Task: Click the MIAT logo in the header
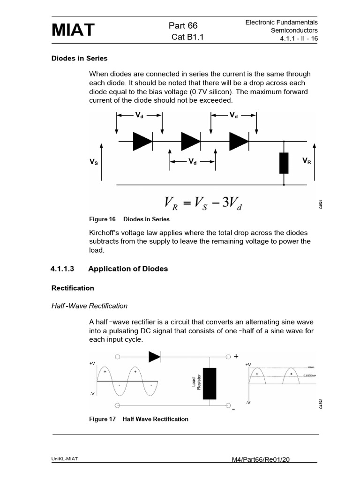pos(73,30)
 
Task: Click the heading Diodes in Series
pos(79,59)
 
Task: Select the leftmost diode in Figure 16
pos(142,141)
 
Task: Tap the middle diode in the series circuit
pos(190,141)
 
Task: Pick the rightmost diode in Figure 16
pos(239,141)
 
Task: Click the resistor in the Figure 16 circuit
pos(284,163)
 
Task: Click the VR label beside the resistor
pos(307,160)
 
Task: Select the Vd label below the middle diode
pos(192,162)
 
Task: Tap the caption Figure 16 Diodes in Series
pos(129,219)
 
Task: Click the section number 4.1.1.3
pos(62,269)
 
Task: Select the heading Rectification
pos(73,288)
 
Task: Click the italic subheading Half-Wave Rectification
pos(89,306)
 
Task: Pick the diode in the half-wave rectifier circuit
pos(155,357)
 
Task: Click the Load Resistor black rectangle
pos(209,383)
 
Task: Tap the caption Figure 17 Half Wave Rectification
pos(139,419)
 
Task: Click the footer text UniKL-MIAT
pos(64,459)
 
